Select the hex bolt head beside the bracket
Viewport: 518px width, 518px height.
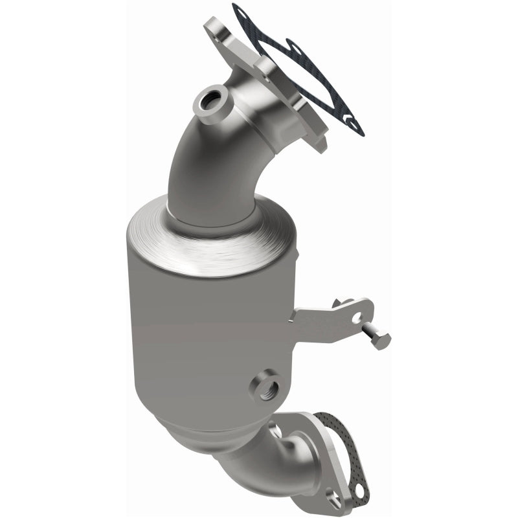coord(381,339)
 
